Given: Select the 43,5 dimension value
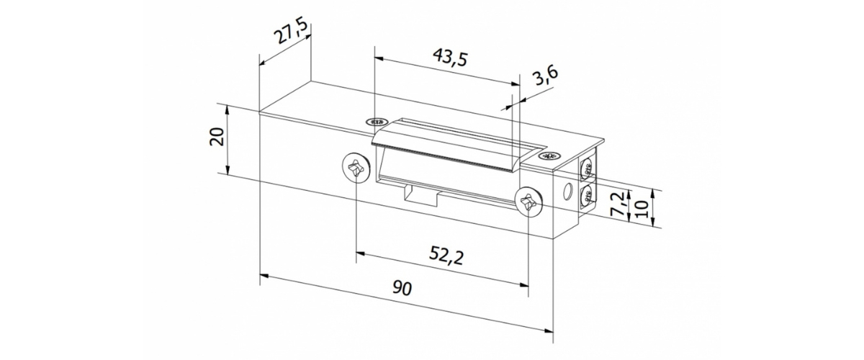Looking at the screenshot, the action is click(450, 58).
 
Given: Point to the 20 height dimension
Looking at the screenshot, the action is click(217, 136).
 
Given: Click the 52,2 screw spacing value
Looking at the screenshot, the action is click(446, 256).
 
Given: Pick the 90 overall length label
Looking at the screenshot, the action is click(402, 288).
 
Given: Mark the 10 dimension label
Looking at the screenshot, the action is click(642, 209).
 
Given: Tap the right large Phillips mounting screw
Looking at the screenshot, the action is click(528, 203).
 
